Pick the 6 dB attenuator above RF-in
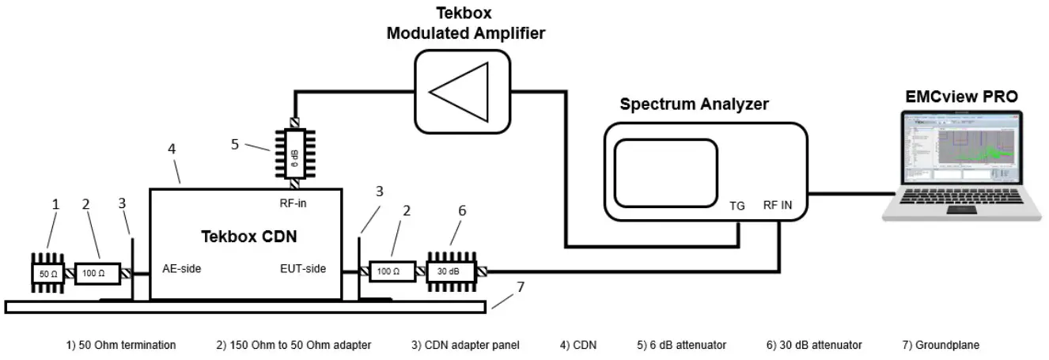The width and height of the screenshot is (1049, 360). pyautogui.click(x=294, y=153)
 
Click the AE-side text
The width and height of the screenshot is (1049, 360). pyautogui.click(x=181, y=268)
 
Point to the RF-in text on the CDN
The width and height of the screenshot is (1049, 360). pyautogui.click(x=293, y=203)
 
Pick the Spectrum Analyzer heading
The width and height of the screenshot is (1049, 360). pyautogui.click(x=694, y=104)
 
